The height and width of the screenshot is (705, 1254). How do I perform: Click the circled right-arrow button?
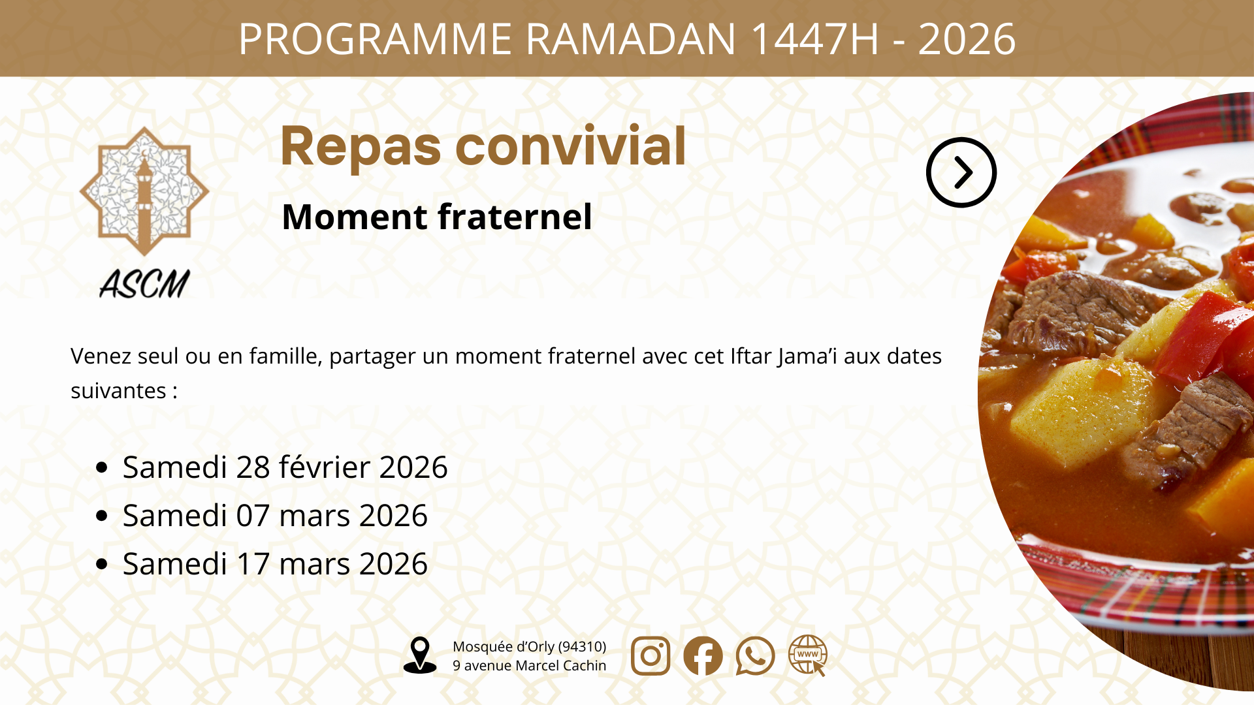(x=961, y=172)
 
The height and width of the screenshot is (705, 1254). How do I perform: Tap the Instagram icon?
(x=651, y=655)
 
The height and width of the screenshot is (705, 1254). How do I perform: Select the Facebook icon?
(x=703, y=655)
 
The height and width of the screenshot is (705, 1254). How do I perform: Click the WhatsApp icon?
(x=755, y=655)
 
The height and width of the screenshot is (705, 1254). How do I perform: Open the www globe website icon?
(x=808, y=655)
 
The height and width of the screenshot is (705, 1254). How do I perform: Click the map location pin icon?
(x=420, y=655)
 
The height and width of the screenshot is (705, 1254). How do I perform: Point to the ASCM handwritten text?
(x=144, y=284)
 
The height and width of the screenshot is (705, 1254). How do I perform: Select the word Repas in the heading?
(x=361, y=147)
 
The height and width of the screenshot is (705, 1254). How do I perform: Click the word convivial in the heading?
(x=571, y=146)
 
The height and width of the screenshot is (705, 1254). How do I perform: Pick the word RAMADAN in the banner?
(x=631, y=39)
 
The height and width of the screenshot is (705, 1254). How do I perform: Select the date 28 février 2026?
(x=342, y=467)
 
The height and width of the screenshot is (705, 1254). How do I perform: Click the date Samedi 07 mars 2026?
(x=275, y=516)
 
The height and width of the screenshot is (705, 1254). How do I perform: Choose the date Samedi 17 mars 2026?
(x=275, y=564)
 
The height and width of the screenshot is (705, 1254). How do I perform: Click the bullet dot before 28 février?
(x=101, y=467)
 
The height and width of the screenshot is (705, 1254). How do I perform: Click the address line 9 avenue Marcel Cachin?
(x=530, y=665)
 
